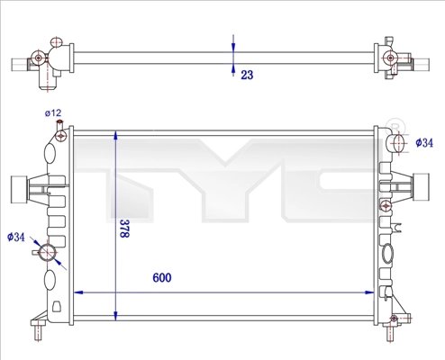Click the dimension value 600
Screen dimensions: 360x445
[x=160, y=277]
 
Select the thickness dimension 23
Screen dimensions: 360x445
[x=246, y=76]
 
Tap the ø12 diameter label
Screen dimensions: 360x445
[x=53, y=112]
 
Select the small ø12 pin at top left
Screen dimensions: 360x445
[x=61, y=136]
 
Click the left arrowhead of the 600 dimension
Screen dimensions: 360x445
[x=77, y=292]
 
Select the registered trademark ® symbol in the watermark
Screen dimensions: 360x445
[x=394, y=123]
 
